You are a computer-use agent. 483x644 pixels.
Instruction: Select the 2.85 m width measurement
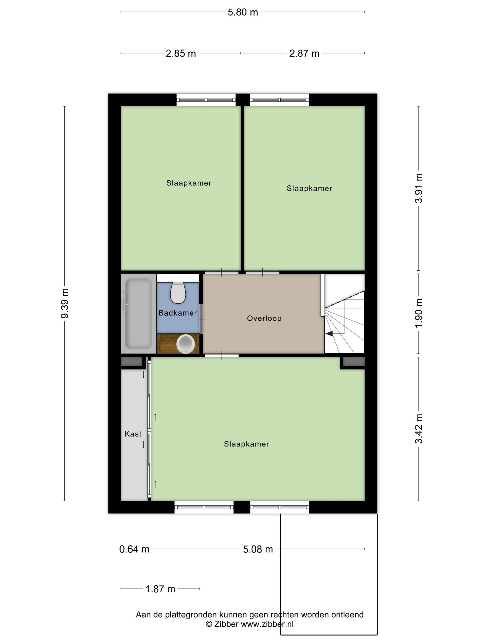click(x=181, y=54)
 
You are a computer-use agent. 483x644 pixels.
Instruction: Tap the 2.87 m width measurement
click(x=304, y=54)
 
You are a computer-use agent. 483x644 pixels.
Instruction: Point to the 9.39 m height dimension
click(x=65, y=303)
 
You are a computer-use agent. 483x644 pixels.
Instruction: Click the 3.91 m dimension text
click(x=418, y=188)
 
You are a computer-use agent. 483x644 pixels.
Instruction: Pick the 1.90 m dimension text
click(x=418, y=313)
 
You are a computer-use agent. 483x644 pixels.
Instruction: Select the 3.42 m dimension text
click(x=418, y=428)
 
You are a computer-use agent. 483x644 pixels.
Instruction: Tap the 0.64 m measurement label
click(x=134, y=549)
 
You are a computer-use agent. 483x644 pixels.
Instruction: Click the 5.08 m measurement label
click(x=258, y=549)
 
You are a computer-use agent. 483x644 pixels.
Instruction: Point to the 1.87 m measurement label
click(x=160, y=589)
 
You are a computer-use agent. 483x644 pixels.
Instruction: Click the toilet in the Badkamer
click(x=178, y=292)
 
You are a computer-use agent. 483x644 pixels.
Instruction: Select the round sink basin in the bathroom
click(x=186, y=344)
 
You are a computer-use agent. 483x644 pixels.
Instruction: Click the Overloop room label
click(x=264, y=318)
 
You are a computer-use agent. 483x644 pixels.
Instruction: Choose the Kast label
click(x=133, y=434)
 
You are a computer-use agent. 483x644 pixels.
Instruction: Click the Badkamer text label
click(x=178, y=313)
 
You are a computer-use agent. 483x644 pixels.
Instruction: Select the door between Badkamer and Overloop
click(x=201, y=319)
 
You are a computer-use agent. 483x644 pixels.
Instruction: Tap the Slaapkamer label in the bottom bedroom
click(x=246, y=444)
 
